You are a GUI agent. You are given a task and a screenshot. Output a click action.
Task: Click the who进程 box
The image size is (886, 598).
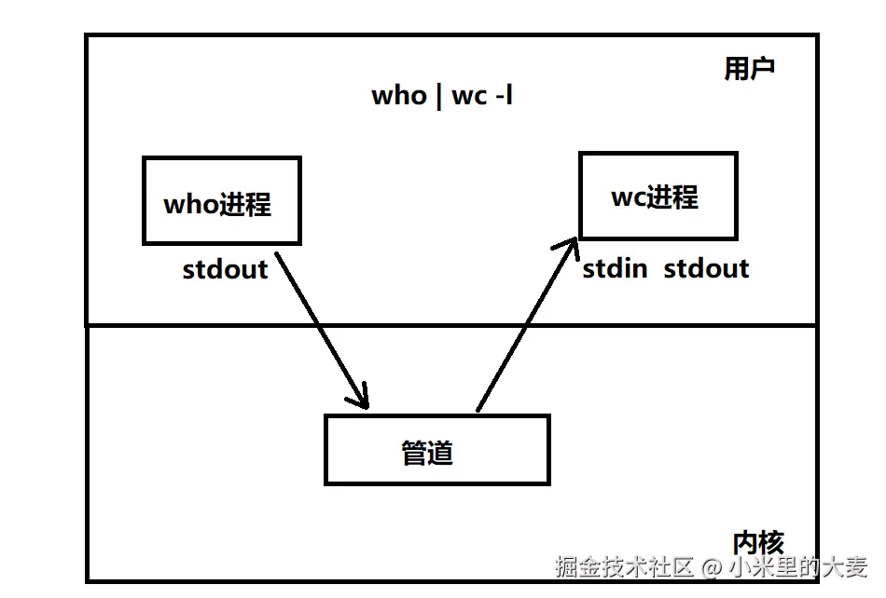coord(221,201)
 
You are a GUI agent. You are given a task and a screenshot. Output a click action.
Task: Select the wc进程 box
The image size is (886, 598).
coord(658,197)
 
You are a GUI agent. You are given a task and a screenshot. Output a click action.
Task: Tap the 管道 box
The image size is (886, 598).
coord(436,451)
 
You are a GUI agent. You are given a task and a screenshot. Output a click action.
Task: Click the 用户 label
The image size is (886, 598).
coord(749,69)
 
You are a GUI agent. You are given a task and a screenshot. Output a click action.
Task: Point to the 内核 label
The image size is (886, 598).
coord(757,541)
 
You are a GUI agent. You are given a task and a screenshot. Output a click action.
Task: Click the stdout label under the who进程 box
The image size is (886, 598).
coord(225,269)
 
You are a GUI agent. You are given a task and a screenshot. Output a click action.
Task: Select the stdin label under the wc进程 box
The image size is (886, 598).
coord(615,269)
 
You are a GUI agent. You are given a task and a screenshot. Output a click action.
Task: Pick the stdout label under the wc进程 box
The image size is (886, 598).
coord(706,269)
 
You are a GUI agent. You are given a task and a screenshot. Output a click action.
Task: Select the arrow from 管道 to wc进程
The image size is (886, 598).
coord(524,326)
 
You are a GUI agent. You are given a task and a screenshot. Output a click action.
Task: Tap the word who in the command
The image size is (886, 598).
coord(398,96)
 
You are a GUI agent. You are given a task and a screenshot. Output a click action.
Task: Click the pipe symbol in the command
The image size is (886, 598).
coord(438,97)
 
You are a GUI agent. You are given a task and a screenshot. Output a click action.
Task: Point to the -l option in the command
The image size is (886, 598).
coord(503,96)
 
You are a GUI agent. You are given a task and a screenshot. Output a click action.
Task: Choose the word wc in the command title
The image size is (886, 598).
coord(468,96)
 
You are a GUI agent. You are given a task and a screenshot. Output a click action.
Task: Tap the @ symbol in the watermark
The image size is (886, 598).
coord(712,566)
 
